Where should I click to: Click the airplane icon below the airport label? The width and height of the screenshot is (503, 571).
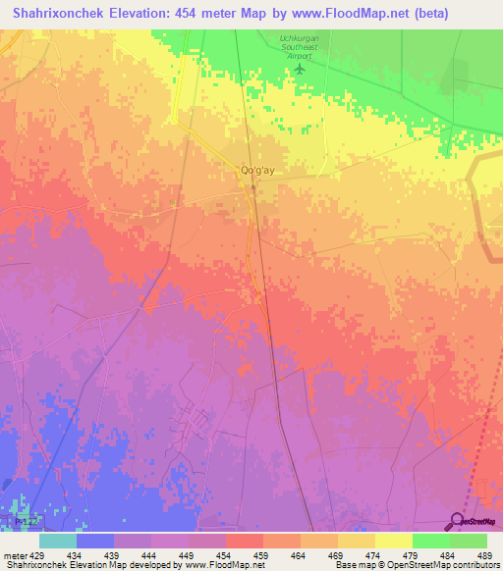301,69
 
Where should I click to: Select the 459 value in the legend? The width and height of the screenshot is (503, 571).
261,556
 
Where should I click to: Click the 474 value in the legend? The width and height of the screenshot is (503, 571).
372,556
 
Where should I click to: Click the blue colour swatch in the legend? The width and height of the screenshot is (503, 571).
94,541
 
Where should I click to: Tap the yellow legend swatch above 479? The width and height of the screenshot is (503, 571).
393,541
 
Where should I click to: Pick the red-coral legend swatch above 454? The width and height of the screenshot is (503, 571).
244,541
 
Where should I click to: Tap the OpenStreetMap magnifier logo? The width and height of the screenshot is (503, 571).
458,521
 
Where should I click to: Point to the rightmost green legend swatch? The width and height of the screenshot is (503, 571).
469,541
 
